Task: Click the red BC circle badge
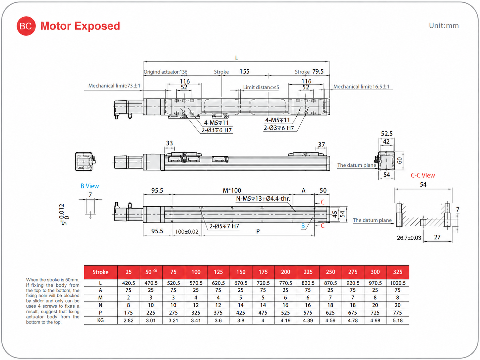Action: (x=26, y=26)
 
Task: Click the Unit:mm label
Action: (x=444, y=26)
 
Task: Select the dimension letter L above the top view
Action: (x=236, y=58)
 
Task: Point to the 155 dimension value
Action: (x=244, y=72)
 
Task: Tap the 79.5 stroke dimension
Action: (x=318, y=72)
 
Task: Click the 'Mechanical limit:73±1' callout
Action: (x=114, y=86)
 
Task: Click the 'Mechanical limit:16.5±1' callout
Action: (x=361, y=87)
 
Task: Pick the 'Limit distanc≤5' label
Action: (x=261, y=88)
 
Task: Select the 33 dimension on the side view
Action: (x=169, y=143)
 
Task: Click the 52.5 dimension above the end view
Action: (x=387, y=134)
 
